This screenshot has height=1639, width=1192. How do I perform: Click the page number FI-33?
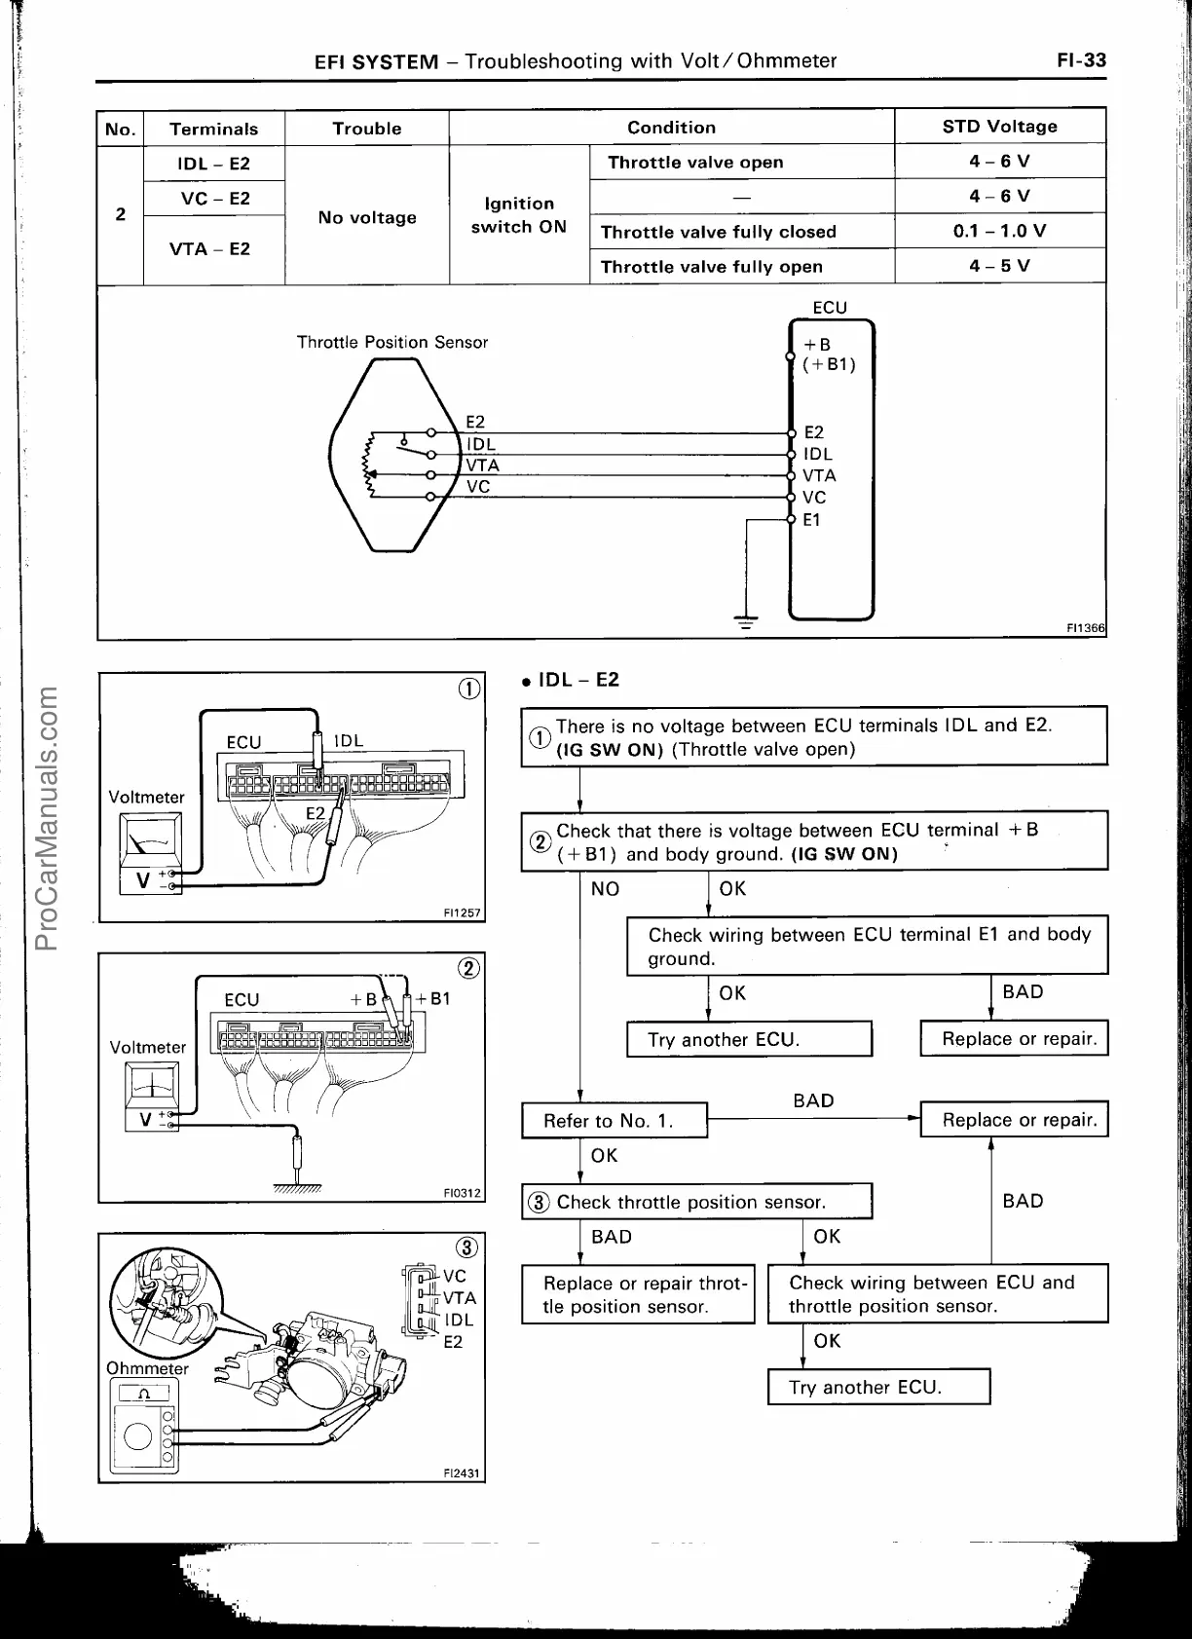point(1081,60)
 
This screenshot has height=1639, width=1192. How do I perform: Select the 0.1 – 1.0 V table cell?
point(999,231)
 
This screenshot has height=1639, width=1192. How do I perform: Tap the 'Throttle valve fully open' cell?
point(711,267)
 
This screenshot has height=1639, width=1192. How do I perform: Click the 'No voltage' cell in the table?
point(367,217)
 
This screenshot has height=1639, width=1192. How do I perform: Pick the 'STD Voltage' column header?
point(999,127)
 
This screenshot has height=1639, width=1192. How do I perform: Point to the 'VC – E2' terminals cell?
point(214,199)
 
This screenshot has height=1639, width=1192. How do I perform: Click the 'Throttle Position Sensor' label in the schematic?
point(391,342)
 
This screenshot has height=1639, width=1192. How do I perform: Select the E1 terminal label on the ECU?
point(811,520)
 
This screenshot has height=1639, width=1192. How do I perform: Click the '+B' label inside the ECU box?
point(817,345)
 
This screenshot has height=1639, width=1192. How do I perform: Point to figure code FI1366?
point(1086,628)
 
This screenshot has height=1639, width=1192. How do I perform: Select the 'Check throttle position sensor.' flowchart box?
point(696,1202)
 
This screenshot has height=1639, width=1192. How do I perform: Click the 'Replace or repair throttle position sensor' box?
point(638,1294)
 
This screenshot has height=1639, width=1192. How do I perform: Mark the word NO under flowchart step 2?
point(605,888)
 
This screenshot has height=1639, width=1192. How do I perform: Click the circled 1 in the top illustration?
point(468,689)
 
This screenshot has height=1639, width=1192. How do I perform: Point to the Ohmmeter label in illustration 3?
point(147,1368)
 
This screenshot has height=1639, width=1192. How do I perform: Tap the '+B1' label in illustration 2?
point(433,998)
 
